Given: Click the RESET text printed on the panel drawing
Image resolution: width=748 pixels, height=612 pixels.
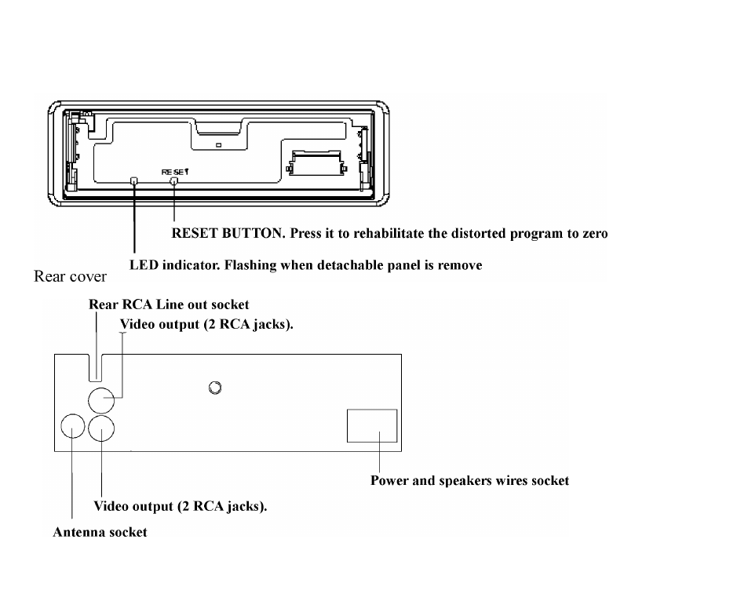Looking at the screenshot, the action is point(175,172).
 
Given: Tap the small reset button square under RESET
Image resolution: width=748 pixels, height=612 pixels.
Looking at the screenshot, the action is point(174,181).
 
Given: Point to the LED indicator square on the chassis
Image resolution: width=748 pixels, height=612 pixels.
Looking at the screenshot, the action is point(134,180).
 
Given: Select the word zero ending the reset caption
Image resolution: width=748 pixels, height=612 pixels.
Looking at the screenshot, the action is point(594,234).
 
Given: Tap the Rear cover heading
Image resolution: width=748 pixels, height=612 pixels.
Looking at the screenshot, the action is point(70,276).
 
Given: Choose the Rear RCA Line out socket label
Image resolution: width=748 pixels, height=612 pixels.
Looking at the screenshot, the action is point(169,304).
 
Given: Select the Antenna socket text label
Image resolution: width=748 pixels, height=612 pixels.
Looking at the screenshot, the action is point(100,532).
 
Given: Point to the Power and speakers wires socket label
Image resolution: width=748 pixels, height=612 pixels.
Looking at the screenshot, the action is point(470,480).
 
